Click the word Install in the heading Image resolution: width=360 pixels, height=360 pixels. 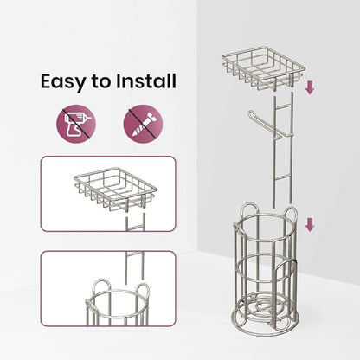(146, 80)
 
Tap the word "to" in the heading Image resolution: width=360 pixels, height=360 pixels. (100, 82)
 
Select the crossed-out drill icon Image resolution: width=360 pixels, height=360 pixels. (76, 124)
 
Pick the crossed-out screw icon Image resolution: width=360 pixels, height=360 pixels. (143, 124)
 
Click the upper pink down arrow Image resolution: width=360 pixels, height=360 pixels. (310, 87)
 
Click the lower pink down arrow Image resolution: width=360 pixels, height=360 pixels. (310, 225)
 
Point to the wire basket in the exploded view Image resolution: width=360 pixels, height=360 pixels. (263, 68)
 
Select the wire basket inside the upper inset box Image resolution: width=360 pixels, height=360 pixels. (115, 189)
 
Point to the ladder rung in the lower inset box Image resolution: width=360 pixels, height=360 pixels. (134, 254)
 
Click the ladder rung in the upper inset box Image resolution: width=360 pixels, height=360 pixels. (135, 228)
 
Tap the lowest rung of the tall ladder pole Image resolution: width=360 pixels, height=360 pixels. (282, 179)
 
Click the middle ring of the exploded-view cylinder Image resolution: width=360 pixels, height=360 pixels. (266, 268)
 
